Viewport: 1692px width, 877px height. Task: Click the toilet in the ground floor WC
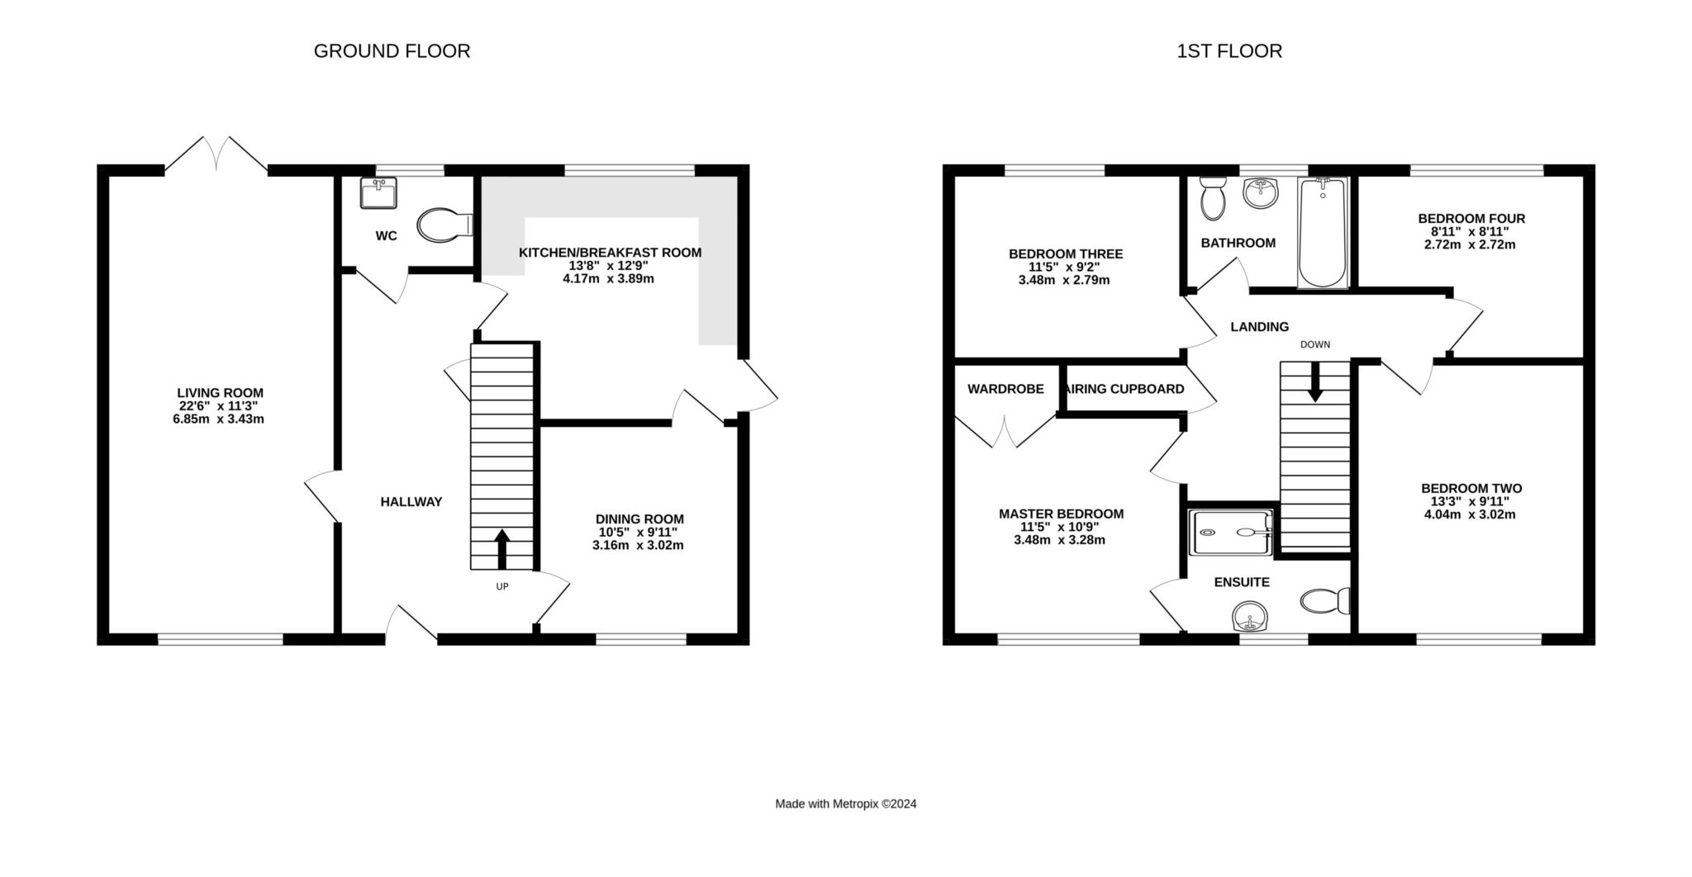point(444,225)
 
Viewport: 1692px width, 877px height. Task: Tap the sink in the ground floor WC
point(378,192)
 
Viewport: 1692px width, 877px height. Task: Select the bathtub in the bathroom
point(1323,232)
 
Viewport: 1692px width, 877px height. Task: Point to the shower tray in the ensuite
point(1230,531)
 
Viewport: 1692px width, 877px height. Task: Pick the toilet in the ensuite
point(1325,600)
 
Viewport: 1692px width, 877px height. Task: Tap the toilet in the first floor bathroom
point(1213,198)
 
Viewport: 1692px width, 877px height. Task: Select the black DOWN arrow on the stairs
point(1314,382)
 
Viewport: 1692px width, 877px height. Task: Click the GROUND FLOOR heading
point(392,51)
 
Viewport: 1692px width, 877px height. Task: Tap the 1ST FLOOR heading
point(1229,51)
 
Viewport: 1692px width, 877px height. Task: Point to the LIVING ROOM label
point(220,393)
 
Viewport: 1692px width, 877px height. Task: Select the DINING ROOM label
point(639,519)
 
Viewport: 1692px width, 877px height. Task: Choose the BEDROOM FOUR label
point(1471,219)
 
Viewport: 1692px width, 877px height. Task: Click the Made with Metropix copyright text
point(846,804)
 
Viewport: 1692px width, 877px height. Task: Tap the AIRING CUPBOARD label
point(1125,389)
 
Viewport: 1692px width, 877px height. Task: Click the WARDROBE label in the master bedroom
point(1005,389)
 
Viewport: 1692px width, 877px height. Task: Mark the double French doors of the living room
point(216,154)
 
